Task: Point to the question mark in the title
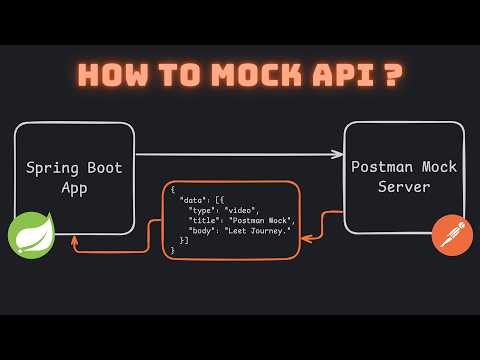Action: click(388, 78)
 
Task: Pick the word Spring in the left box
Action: click(52, 167)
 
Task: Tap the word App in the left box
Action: click(75, 186)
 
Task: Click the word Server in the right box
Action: click(405, 186)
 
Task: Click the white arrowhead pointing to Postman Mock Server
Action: click(338, 155)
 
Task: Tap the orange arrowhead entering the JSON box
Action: click(305, 238)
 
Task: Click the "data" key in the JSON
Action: click(192, 200)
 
